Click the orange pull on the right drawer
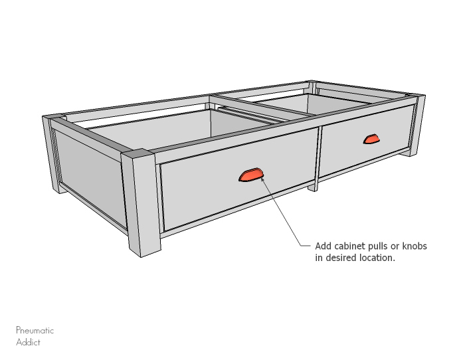[370, 139]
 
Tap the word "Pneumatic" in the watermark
[35, 330]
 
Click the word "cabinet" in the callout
[353, 246]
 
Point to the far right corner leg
[417, 126]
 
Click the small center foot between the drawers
[313, 186]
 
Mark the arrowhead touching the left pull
[264, 180]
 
